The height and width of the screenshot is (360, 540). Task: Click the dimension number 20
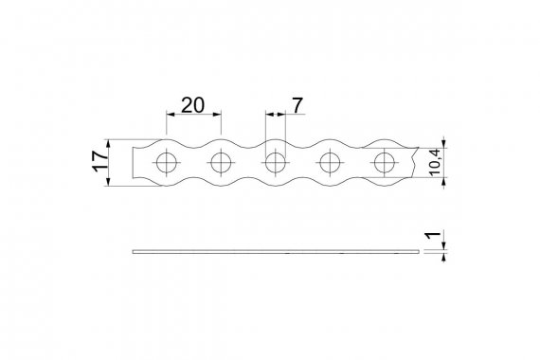192,105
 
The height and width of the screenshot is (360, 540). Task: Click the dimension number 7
297,105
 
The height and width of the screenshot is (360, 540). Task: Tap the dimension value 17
100,161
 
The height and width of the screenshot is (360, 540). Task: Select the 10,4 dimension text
435,162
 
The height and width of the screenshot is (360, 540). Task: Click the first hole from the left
167,163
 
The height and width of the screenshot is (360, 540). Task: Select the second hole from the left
221,163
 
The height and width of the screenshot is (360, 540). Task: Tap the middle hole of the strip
276,163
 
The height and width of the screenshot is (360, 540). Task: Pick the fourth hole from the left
330,163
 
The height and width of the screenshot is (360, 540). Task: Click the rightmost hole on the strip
385,163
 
